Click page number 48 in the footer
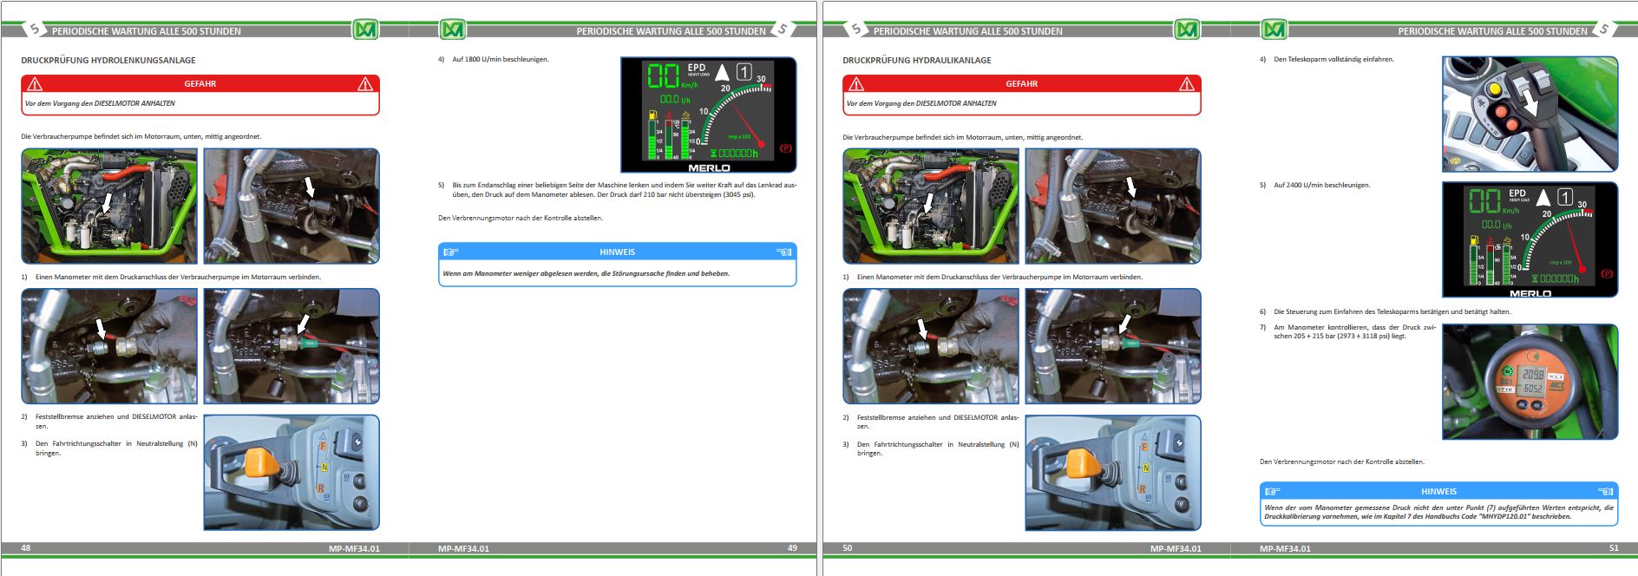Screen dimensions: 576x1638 point(26,548)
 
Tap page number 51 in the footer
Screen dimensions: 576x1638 point(1614,548)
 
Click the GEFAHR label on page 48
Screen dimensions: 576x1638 point(200,84)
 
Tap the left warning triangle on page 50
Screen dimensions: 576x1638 point(856,84)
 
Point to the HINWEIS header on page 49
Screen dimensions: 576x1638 point(617,252)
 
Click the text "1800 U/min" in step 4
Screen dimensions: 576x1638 point(484,60)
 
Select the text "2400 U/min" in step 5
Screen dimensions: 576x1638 point(1306,186)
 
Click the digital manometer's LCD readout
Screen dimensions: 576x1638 point(1532,381)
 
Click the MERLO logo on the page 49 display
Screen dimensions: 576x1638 point(709,167)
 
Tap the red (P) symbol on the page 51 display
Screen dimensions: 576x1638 point(1607,274)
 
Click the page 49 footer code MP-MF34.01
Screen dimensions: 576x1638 point(463,548)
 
